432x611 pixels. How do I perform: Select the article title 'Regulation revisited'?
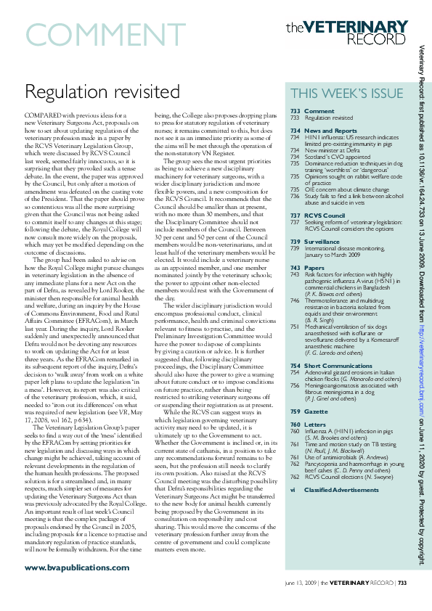pos(102,91)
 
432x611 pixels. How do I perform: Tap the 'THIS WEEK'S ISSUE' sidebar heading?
pos(346,94)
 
